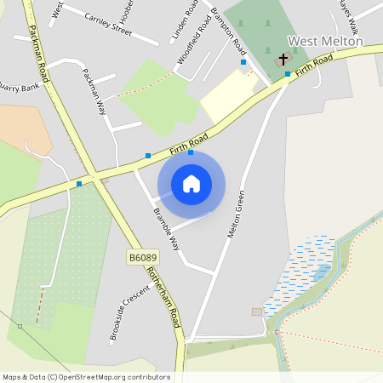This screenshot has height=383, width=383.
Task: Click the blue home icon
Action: pyautogui.click(x=191, y=184)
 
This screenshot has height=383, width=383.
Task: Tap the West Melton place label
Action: pyautogui.click(x=325, y=41)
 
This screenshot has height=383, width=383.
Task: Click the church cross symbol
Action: pyautogui.click(x=283, y=59)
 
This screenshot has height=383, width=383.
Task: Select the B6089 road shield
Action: pyautogui.click(x=144, y=257)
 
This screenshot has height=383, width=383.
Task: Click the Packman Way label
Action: pyautogui.click(x=96, y=94)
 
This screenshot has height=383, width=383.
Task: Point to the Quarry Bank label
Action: pyautogui.click(x=18, y=87)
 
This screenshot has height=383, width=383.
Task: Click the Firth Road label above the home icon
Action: pyautogui.click(x=188, y=140)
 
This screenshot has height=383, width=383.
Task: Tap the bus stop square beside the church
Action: pyautogui.click(x=288, y=74)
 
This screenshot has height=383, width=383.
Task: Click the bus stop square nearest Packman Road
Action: pyautogui.click(x=79, y=183)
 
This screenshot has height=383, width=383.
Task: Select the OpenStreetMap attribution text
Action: pyautogui.click(x=86, y=377)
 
